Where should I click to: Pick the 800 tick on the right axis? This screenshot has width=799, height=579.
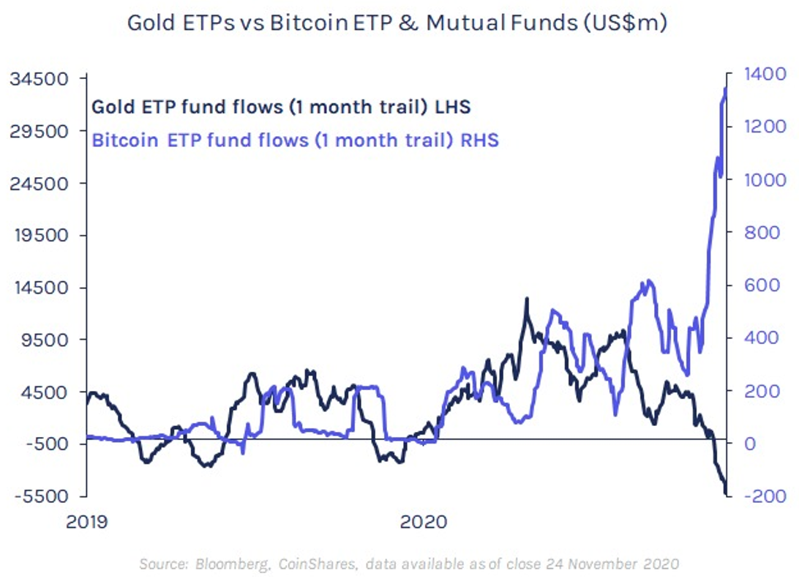[759, 232]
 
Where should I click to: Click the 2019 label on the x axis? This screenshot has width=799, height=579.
[86, 522]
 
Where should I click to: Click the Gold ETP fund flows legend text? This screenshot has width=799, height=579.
[280, 107]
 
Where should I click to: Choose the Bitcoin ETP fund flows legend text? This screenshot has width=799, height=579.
[295, 140]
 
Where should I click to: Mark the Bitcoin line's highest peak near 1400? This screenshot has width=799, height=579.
[726, 87]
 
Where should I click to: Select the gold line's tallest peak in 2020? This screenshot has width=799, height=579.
[525, 299]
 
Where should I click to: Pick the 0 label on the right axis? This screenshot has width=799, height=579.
[749, 443]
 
